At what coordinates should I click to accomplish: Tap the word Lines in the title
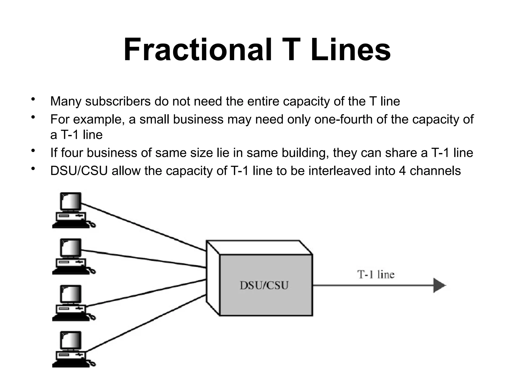351,50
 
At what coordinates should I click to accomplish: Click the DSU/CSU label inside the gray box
264,285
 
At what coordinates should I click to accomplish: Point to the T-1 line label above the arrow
376,274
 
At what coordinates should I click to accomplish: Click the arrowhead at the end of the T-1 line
439,285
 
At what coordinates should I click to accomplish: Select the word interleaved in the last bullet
340,171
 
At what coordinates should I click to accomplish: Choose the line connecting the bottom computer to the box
146,323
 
